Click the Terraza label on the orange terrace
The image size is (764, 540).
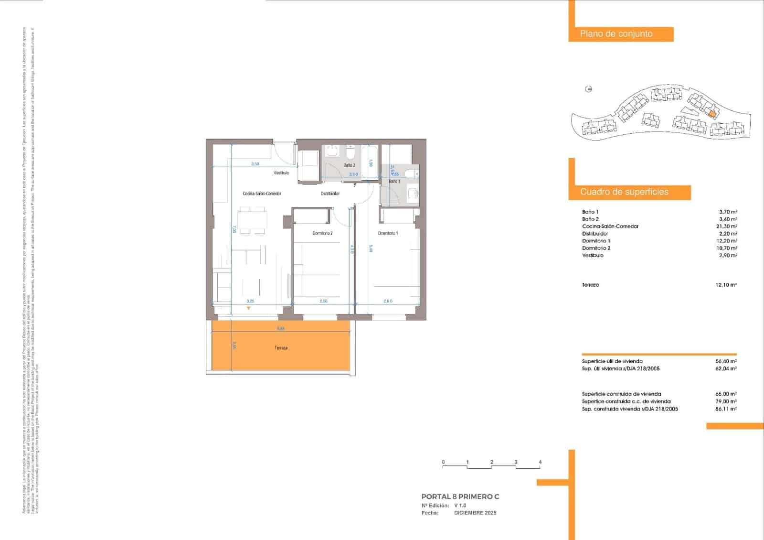[281, 348]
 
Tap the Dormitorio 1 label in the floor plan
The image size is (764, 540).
[388, 233]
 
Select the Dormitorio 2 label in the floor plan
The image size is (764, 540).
[322, 233]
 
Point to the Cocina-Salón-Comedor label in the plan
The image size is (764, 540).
[262, 194]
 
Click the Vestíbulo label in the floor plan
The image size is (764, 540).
[281, 173]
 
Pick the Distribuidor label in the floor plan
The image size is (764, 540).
[330, 194]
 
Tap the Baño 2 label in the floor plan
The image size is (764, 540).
[349, 165]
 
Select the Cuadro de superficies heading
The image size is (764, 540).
[624, 192]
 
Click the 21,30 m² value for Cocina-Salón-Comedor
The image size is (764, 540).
[728, 227]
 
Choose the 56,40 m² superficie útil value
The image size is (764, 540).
[726, 362]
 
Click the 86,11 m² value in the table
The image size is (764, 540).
[726, 409]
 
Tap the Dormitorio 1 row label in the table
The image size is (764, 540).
[596, 241]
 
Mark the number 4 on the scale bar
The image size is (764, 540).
[540, 462]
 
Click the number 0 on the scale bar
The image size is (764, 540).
[443, 462]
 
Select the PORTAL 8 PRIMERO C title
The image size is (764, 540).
[460, 497]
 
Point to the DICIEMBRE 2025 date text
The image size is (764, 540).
[475, 513]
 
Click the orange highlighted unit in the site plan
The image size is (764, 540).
[712, 114]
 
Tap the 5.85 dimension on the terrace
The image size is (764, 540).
[281, 328]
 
